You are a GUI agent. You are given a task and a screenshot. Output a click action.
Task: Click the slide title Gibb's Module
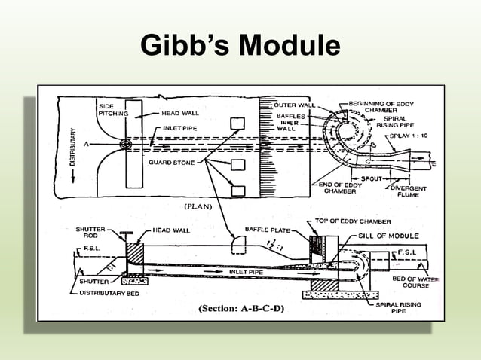point(240,47)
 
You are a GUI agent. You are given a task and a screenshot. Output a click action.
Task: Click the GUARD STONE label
point(173,162)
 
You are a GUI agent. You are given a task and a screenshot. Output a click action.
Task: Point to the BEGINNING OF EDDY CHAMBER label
point(381,106)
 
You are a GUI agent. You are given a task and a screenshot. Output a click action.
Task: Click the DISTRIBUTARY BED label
point(112,293)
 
